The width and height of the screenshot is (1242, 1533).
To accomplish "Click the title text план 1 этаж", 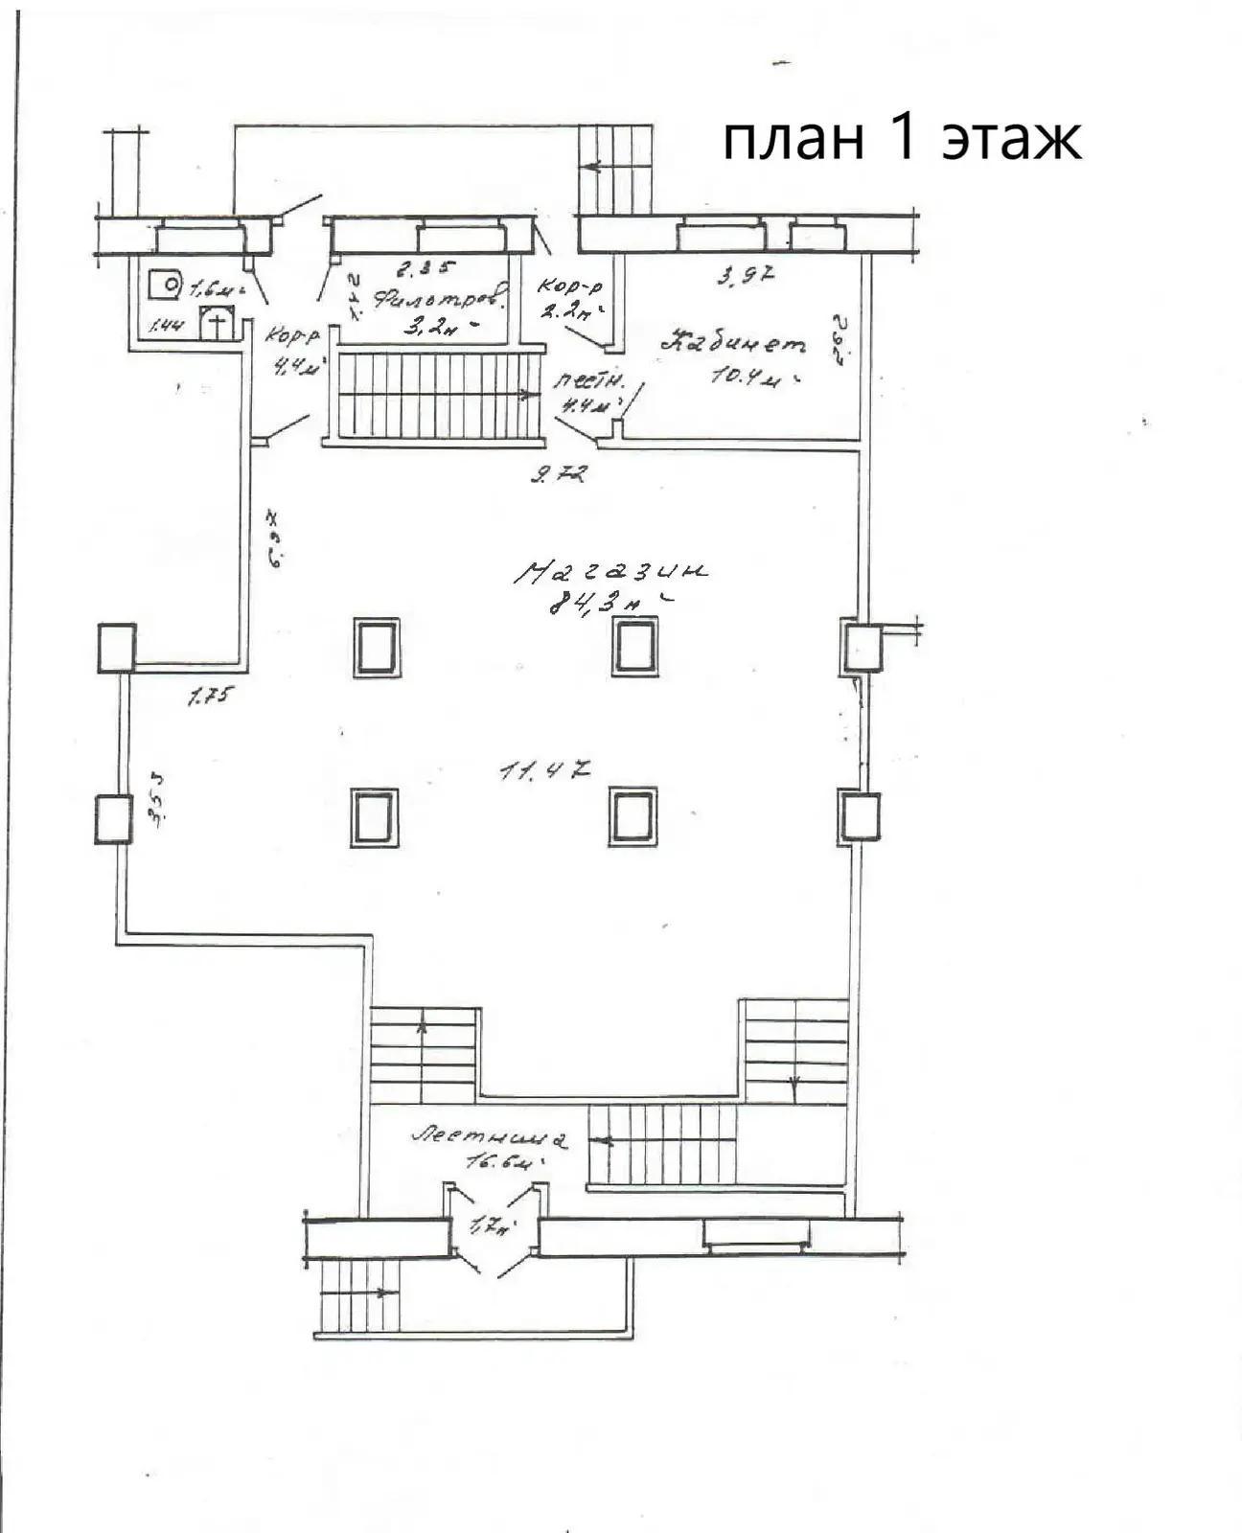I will point(901,139).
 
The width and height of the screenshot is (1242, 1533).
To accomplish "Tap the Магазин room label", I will point(611,572).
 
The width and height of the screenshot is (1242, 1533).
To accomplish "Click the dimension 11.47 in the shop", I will point(543,769).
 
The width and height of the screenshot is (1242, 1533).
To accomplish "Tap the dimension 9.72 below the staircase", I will point(558,472).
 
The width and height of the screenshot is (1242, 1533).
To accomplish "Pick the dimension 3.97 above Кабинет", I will point(746,277).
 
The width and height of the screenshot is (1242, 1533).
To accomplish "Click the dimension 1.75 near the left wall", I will point(209,697).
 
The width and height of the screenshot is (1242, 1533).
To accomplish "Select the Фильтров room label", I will point(439,300).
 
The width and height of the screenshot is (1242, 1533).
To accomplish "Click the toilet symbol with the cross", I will point(218,323).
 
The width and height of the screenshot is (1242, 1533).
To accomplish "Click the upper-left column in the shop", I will point(376,648).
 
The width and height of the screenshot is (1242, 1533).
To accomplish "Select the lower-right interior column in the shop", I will point(632,817).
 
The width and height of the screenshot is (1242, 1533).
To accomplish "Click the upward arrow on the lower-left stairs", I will point(422,1029).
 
